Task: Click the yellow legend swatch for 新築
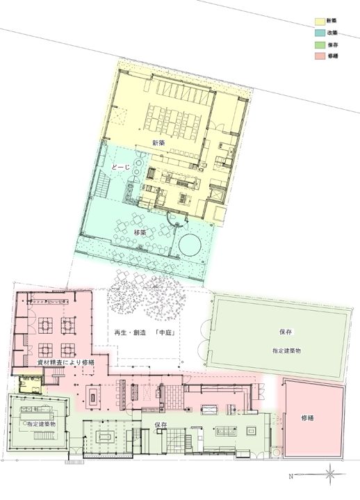(320, 22)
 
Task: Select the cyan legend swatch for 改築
(320, 32)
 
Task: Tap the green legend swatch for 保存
(320, 44)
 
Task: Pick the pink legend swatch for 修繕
(320, 55)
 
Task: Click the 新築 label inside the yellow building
(158, 143)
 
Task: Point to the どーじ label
(121, 168)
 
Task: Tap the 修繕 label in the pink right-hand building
(309, 418)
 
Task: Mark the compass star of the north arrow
(331, 474)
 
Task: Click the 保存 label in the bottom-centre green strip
(161, 424)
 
